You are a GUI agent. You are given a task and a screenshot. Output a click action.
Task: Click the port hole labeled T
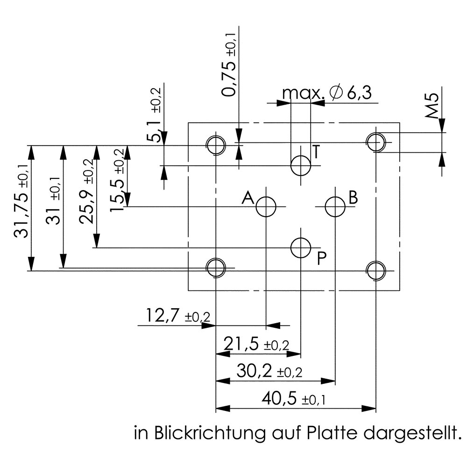(x=301, y=165)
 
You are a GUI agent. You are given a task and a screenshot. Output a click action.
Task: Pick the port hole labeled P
(x=301, y=248)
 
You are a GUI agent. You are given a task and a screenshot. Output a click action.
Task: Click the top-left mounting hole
(x=216, y=145)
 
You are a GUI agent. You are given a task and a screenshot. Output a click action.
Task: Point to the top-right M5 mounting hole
(x=375, y=142)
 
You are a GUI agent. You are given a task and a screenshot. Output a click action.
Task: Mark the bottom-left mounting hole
(x=216, y=268)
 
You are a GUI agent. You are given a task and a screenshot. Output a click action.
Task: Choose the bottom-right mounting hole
(x=375, y=270)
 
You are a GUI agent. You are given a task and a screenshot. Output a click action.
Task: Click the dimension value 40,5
(x=280, y=400)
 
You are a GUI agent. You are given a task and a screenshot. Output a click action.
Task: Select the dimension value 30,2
(x=255, y=372)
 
